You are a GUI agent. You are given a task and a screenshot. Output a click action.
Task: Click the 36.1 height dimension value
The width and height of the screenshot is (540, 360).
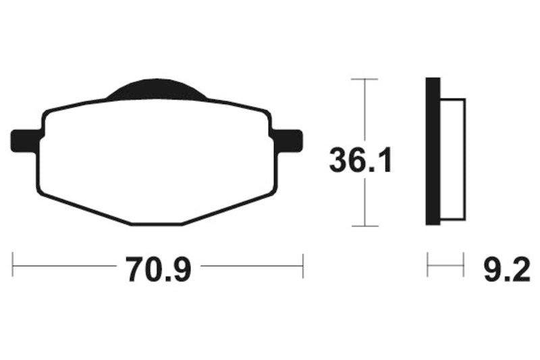point(360,160)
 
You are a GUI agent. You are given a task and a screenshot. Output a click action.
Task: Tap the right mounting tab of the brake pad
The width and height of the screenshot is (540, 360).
point(290,140)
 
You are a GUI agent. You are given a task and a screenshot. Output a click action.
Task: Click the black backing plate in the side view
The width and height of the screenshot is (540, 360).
point(432,152)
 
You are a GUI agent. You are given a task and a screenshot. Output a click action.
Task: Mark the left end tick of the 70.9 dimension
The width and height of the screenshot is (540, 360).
point(13,265)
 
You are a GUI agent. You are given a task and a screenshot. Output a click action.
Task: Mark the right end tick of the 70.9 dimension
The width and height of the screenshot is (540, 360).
point(303,265)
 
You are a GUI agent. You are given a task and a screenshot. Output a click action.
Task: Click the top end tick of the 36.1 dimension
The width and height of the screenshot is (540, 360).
point(365,80)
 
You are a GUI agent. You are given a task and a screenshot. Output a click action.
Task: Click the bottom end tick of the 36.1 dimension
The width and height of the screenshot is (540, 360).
point(365,226)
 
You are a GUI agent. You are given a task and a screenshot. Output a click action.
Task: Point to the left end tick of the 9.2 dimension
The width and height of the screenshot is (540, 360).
point(427,265)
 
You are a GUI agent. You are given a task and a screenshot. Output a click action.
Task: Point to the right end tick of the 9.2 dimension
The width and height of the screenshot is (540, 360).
point(464,265)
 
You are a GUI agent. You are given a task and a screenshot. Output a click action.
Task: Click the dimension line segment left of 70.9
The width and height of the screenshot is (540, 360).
point(64,265)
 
